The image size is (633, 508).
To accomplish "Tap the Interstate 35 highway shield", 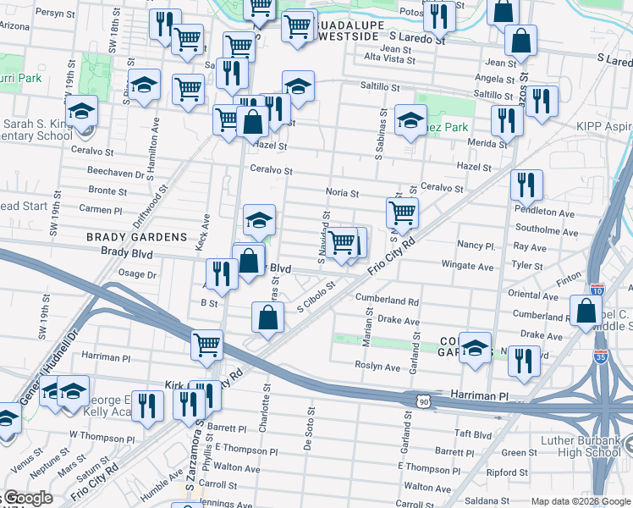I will click(x=602, y=356).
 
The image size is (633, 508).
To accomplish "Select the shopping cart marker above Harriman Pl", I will click(x=206, y=345).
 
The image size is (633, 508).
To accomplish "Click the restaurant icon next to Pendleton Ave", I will click(x=526, y=185).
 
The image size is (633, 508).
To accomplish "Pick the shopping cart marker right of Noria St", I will click(x=402, y=213).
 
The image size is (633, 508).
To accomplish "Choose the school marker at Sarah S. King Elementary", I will click(x=81, y=112).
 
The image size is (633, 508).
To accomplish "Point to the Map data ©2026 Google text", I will click(x=580, y=501).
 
